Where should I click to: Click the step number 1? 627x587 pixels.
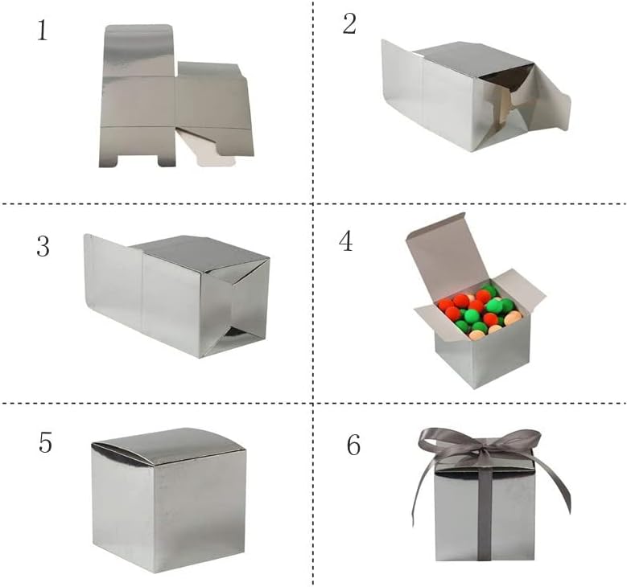click(42, 31)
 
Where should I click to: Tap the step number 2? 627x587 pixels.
click(349, 24)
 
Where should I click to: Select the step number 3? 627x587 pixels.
click(43, 246)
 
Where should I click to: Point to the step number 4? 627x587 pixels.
click(346, 241)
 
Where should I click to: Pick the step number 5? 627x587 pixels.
click(45, 443)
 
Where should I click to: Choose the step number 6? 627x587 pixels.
click(353, 445)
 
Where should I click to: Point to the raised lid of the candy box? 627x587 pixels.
click(447, 253)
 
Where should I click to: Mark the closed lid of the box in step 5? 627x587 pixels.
click(169, 445)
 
